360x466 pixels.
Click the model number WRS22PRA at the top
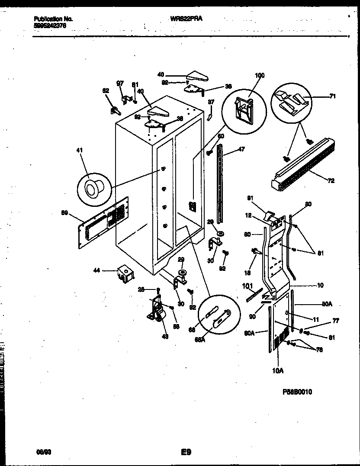coord(187,19)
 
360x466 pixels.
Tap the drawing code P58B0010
coord(297,392)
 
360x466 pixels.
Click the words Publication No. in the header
coord(53,19)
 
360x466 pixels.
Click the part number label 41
coord(79,150)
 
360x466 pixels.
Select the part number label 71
coord(332,96)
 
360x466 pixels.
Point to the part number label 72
coord(331,181)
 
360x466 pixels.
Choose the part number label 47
coord(241,149)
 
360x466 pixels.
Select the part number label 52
coord(105,90)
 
